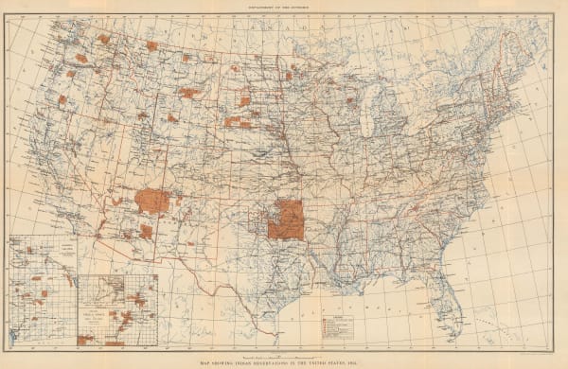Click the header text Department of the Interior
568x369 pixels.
coord(284,6)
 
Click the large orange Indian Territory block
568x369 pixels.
coord(285,219)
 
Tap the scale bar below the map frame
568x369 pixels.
coord(284,351)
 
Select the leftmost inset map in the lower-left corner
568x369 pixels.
coord(42,290)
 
